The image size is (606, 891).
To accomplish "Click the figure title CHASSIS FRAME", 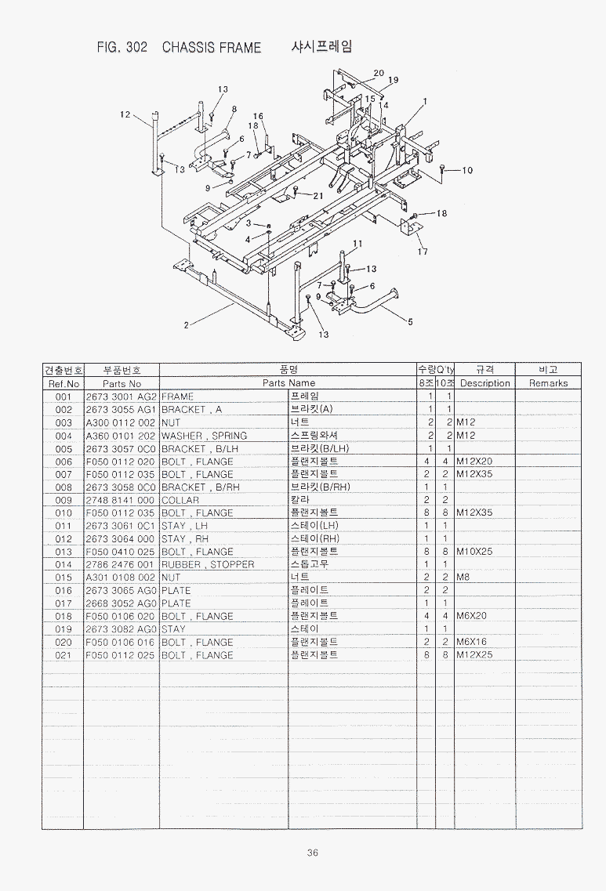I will click(x=211, y=48).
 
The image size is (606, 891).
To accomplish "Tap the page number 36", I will click(x=312, y=853).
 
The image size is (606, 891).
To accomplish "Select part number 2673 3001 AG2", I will click(x=121, y=397).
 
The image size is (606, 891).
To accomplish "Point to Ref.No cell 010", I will click(x=64, y=513).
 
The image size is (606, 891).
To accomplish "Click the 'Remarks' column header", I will click(x=547, y=383).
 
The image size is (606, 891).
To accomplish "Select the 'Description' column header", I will click(x=484, y=383).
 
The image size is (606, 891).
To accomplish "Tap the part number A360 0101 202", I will click(x=121, y=436).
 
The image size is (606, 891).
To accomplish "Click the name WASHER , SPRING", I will click(x=204, y=436).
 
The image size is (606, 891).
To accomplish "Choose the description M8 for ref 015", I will click(x=463, y=577).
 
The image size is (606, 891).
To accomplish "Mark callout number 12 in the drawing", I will click(x=125, y=114).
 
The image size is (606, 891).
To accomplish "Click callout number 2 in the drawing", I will click(x=186, y=327).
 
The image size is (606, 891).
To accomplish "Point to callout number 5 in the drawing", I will click(x=410, y=320).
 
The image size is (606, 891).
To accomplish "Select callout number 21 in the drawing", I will click(x=318, y=196).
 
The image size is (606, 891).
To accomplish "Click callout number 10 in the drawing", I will click(x=467, y=170).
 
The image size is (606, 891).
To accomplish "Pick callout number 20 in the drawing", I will click(x=379, y=73).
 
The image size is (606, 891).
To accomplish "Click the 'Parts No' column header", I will click(x=121, y=383).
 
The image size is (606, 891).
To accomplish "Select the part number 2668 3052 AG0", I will click(x=121, y=603).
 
